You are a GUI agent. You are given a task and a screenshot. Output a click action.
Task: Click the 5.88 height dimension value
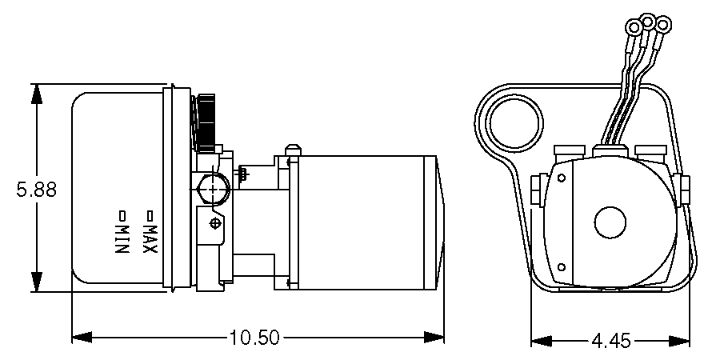point(35,190)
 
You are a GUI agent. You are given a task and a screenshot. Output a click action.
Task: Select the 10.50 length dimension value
point(254,338)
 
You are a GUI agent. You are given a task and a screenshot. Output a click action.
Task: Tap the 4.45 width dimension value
point(611,342)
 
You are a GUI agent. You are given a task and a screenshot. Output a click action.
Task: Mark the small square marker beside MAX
point(149,215)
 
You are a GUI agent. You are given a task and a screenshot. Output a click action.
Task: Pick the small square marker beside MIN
point(122,215)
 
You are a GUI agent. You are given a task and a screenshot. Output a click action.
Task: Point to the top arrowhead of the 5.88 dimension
point(36,93)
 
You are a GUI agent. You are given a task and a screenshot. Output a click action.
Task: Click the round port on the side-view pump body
point(213,190)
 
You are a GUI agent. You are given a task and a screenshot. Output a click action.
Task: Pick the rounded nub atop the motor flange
point(292,150)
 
